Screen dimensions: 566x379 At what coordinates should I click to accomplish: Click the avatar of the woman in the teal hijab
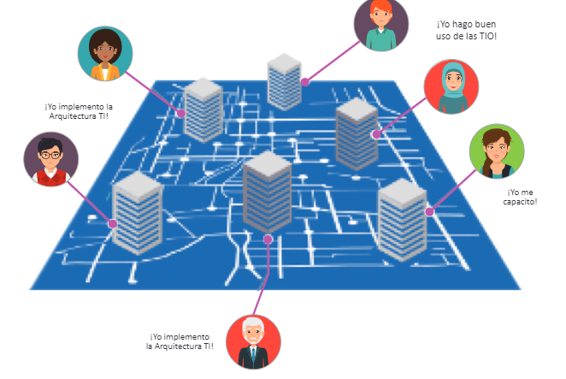(x=451, y=86)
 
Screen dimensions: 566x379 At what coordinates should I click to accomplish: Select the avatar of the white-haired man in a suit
(x=253, y=342)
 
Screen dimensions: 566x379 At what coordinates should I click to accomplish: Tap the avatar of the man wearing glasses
(x=51, y=159)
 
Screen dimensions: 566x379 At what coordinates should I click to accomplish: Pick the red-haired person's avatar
(x=381, y=24)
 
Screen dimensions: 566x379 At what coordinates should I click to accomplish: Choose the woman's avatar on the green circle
(x=497, y=151)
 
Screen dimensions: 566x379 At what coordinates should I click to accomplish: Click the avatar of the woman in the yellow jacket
(x=105, y=54)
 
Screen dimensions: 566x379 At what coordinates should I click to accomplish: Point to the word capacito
(x=519, y=202)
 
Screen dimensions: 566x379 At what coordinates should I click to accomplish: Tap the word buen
(x=486, y=24)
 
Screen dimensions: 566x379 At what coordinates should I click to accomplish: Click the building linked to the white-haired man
(x=267, y=192)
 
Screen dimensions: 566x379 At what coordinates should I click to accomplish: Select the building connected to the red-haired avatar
(x=285, y=81)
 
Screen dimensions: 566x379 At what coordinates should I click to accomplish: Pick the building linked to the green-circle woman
(x=402, y=219)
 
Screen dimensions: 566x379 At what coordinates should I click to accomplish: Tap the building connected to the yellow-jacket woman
(x=203, y=110)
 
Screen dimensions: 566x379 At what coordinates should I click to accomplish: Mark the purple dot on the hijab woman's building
(x=376, y=134)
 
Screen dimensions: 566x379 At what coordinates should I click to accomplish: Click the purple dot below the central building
(x=268, y=240)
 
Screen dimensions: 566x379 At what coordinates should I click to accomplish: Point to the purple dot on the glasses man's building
(x=113, y=224)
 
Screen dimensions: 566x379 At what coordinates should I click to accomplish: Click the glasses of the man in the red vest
(x=50, y=156)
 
